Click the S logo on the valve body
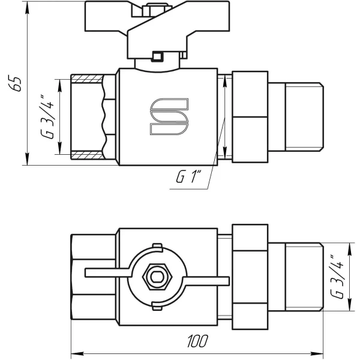169,116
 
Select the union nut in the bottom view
248,277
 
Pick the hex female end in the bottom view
93,277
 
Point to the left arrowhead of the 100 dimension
76,352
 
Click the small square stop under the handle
158,58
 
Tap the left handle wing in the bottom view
105,273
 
